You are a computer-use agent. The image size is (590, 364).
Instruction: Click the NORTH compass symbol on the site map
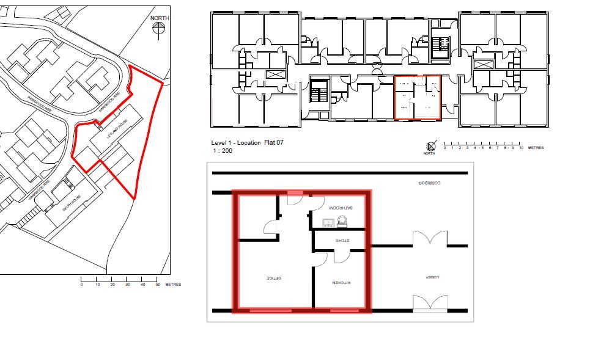pyautogui.click(x=160, y=29)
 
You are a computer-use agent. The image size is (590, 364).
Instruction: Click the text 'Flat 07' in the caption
pyautogui.click(x=274, y=142)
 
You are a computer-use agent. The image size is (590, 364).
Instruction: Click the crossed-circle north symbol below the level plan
pyautogui.click(x=432, y=145)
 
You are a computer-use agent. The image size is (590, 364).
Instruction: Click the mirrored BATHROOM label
pyautogui.click(x=341, y=208)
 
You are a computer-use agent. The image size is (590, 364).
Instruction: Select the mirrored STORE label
pyautogui.click(x=341, y=241)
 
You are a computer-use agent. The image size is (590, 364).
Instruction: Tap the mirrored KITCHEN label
pyautogui.click(x=341, y=283)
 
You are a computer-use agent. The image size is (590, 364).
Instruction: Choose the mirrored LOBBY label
pyautogui.click(x=433, y=277)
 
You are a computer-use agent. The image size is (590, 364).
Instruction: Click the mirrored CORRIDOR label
pyautogui.click(x=430, y=183)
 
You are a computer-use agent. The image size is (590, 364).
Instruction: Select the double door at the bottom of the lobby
pyautogui.click(x=430, y=302)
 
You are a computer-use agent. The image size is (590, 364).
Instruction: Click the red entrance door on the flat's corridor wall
pyautogui.click(x=295, y=193)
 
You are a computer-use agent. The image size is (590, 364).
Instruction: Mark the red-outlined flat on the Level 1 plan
pyautogui.click(x=418, y=97)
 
